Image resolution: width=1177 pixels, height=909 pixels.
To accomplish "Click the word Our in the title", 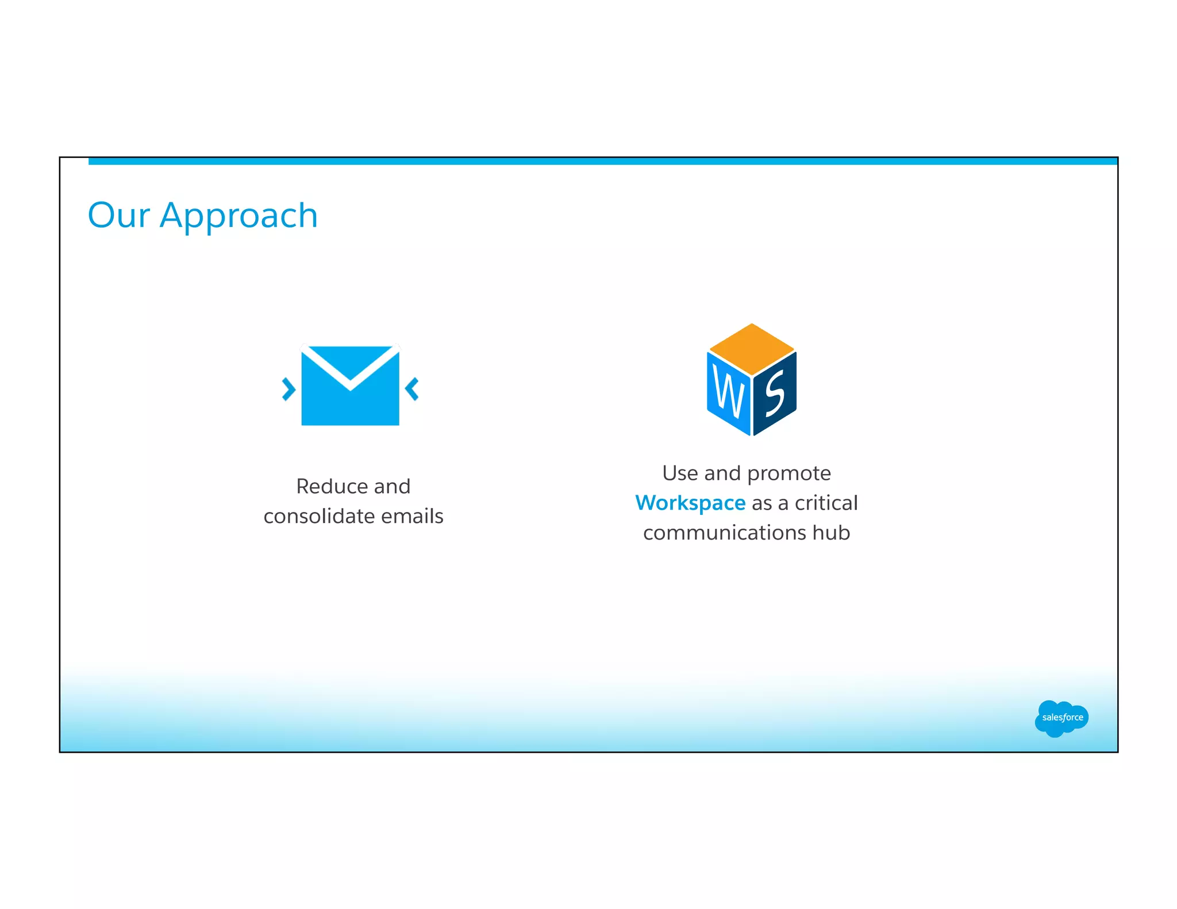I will pos(118,215).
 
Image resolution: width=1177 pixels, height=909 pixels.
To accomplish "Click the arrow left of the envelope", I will pos(289,389).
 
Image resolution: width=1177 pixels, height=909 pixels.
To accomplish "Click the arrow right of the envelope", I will pos(412,389).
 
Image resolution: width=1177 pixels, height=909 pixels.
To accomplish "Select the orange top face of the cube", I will pos(752,349).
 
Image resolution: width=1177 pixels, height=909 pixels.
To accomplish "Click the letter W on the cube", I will pos(728,394).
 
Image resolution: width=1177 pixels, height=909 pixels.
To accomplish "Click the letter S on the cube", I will pos(775,394).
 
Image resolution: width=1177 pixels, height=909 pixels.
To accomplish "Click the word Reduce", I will pos(331,487).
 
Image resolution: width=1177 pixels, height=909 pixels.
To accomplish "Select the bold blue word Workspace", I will pos(690,503).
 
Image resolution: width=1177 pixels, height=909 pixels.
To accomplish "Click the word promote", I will pos(788,473).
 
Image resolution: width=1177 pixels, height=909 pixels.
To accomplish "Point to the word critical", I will pos(826,503).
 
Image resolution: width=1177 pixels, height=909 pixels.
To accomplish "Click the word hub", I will pos(831,533).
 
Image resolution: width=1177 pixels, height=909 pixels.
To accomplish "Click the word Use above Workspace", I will pos(680,473).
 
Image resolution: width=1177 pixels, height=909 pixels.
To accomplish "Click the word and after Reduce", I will pos(392,487).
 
